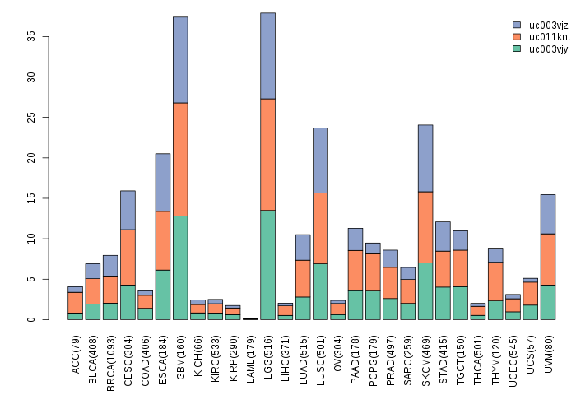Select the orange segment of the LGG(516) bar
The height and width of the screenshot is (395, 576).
coord(267,155)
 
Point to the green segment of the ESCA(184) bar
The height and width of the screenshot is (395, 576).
coord(163,295)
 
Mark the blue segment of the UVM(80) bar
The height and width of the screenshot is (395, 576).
coord(548,214)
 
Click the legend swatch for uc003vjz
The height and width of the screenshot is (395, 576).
coord(517,26)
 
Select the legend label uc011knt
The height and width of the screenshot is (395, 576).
coord(549,37)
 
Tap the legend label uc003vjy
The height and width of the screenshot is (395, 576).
coord(549,49)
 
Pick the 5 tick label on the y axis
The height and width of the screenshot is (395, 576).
coord(33,280)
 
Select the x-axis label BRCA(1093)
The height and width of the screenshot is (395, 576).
coord(110,355)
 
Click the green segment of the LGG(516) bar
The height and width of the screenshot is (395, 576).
coord(267,265)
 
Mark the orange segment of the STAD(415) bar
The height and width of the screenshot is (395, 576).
coord(443,269)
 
